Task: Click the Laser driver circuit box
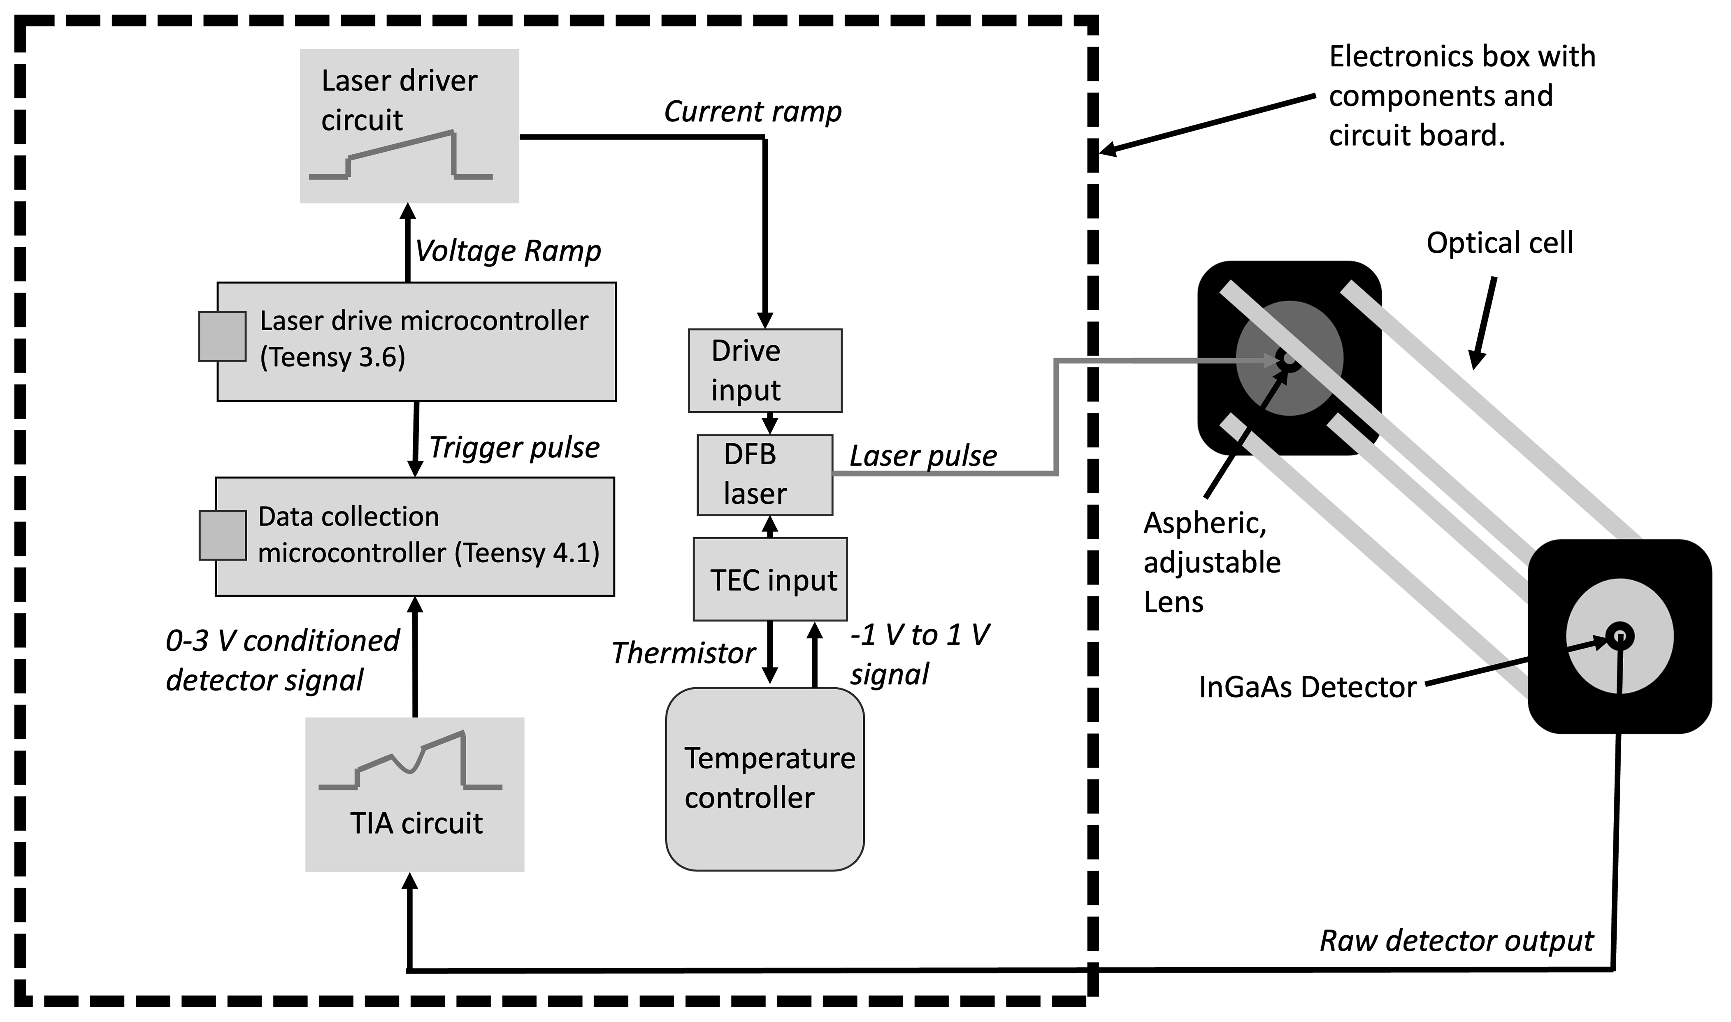tap(409, 125)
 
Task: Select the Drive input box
tap(764, 371)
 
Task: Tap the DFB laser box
tap(764, 475)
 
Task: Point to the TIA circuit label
tap(416, 823)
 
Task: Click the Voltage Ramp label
tap(508, 251)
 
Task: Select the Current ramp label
tap(752, 111)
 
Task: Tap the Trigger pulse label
tap(514, 447)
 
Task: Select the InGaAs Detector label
tap(1307, 687)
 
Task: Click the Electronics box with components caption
tap(1461, 96)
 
